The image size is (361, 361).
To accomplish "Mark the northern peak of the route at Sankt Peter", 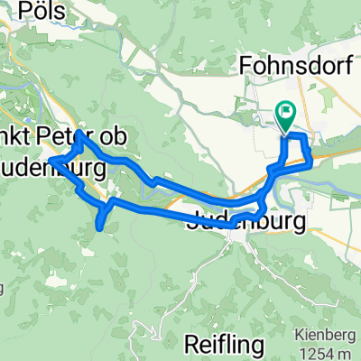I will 80,135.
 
